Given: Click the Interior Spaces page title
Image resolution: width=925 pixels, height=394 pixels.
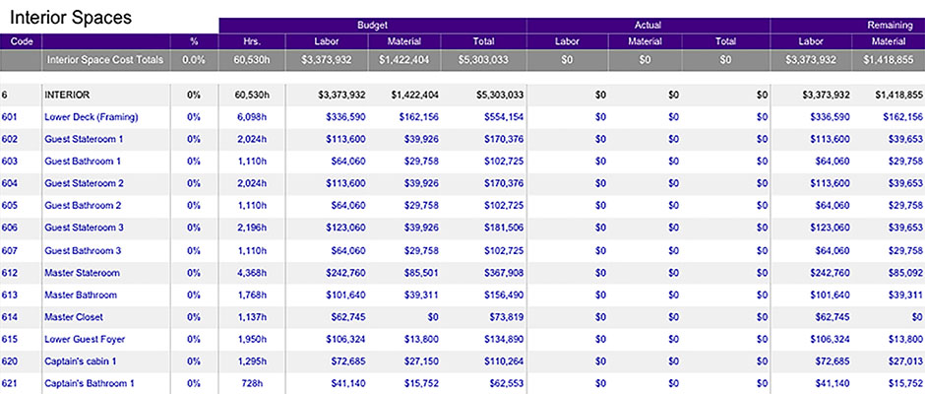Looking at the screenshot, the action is (x=71, y=18).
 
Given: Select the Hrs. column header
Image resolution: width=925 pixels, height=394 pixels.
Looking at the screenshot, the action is (x=252, y=41).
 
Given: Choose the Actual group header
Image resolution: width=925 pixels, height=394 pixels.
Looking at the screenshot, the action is (x=648, y=26).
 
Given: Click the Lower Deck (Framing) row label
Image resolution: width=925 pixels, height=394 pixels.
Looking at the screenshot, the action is (x=92, y=117).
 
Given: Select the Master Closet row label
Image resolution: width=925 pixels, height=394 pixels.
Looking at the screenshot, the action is (x=74, y=317).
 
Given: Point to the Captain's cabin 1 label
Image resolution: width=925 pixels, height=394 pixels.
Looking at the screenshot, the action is (x=81, y=361).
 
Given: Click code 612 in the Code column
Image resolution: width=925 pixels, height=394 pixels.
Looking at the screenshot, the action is (x=10, y=273).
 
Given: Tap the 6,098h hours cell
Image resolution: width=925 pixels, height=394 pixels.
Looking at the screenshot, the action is (x=252, y=117).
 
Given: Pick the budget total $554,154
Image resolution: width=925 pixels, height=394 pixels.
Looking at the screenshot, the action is (x=499, y=117).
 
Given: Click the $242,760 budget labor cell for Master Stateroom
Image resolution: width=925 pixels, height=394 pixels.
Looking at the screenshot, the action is (x=345, y=273).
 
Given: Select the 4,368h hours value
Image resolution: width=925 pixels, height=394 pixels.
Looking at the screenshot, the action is (x=252, y=273).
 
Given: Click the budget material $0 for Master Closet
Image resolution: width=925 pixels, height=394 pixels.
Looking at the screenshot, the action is (x=433, y=317).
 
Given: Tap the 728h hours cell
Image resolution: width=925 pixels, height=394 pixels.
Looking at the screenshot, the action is (x=256, y=384).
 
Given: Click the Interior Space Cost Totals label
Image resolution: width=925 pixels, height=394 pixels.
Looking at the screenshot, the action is (x=105, y=60).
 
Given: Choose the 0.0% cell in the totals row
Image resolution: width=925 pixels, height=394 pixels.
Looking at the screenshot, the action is (x=194, y=60).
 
